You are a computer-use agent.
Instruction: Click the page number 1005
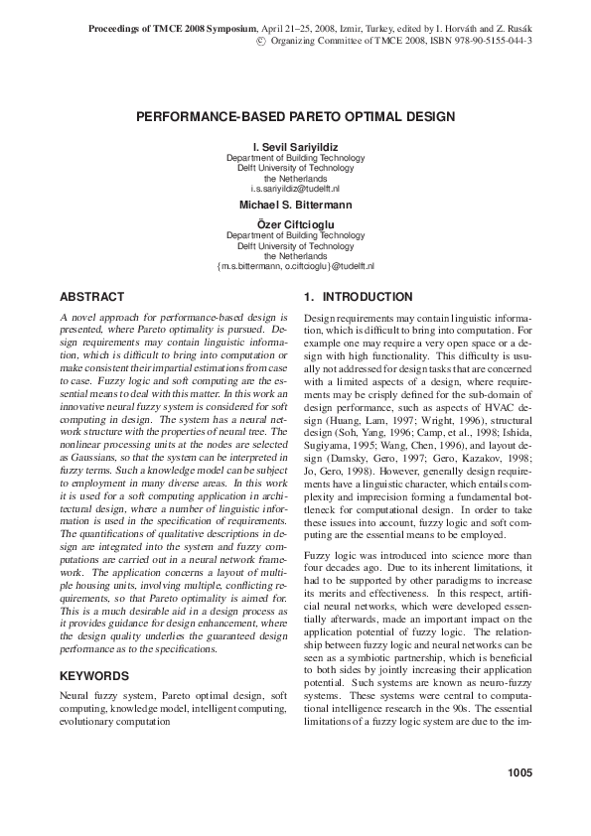(518, 772)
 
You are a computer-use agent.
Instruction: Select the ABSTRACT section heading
(92, 297)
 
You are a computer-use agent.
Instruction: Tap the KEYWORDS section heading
(95, 675)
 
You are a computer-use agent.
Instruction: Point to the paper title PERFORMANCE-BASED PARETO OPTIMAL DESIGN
(295, 116)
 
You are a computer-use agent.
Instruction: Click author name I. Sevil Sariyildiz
(296, 147)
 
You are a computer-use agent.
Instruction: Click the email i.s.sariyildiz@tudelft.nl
(296, 188)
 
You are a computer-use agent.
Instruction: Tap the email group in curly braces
(296, 266)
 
